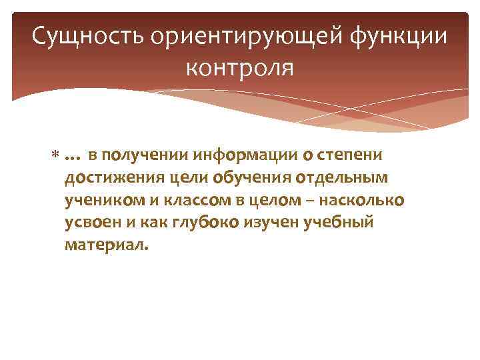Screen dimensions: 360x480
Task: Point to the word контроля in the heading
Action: [240, 67]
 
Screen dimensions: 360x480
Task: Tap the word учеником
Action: [99, 201]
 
